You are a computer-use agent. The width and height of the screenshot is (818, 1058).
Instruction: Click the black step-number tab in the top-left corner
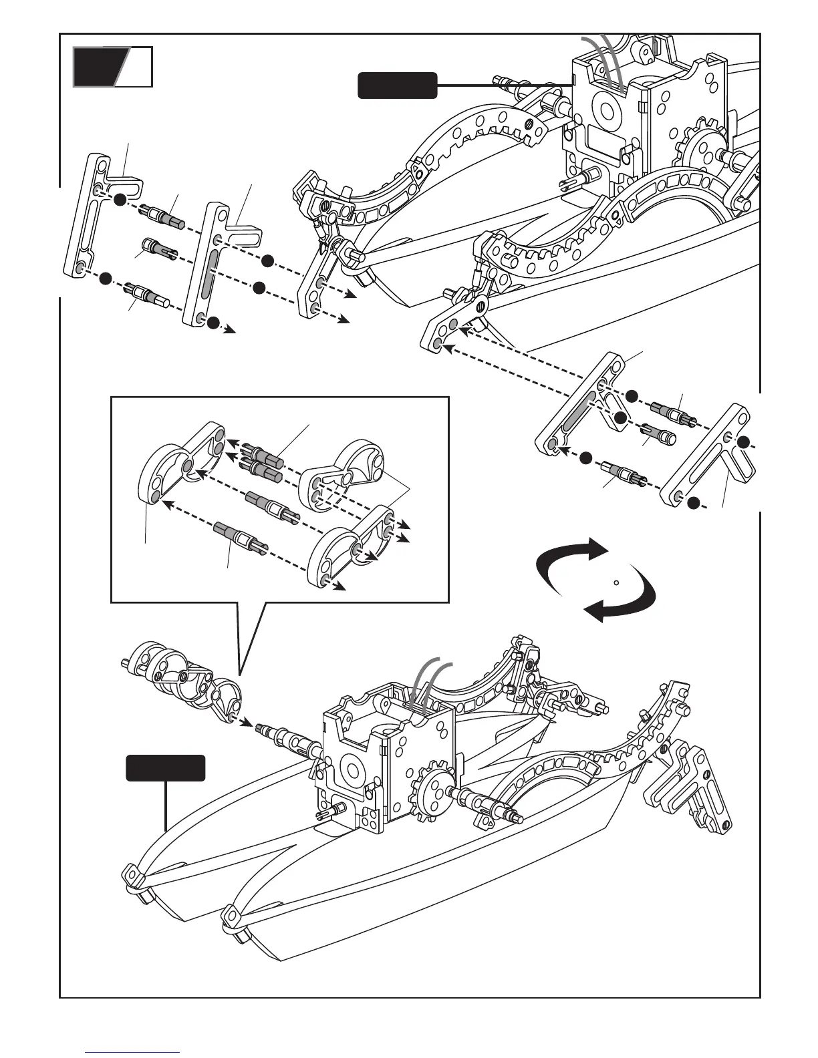tap(100, 67)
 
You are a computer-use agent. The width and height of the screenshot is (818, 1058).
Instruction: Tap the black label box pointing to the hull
tap(166, 768)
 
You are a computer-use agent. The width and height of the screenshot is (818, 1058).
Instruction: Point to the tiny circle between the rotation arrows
tap(616, 582)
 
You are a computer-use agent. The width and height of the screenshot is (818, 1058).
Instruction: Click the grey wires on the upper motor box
tap(608, 63)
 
